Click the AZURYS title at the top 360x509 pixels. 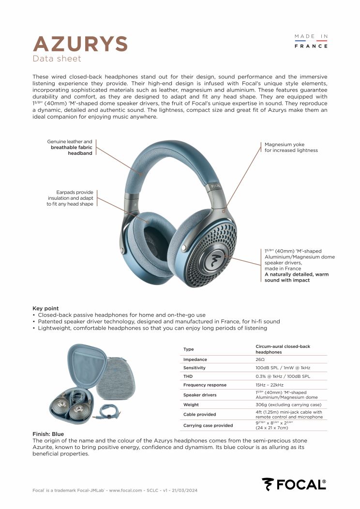click(x=80, y=44)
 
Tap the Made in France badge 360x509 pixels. click(x=311, y=41)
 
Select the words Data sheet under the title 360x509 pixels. click(x=57, y=59)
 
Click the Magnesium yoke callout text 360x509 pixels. click(x=291, y=147)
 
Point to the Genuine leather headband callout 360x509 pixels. click(x=70, y=148)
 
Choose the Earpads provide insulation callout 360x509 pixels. click(x=70, y=198)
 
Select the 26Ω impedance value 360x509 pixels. click(x=260, y=359)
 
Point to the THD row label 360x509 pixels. click(x=188, y=376)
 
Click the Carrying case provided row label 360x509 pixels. click(x=208, y=425)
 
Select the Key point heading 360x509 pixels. click(x=45, y=308)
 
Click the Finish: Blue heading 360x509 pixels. click(x=48, y=434)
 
